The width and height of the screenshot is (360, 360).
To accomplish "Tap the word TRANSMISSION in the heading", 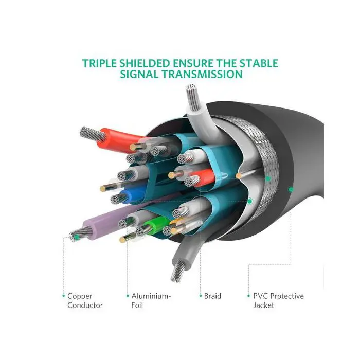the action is pos(202,74).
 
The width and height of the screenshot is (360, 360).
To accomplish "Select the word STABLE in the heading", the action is pos(259,63).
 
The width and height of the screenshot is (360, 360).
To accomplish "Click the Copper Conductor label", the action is pos(85,300).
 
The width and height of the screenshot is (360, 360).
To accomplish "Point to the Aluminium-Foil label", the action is pos(151,300).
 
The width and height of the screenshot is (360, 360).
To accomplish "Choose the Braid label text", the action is pos(212,296).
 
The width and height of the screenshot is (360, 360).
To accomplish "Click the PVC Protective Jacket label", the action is pos(279,300).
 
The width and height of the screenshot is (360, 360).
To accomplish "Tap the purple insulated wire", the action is pos(108,223).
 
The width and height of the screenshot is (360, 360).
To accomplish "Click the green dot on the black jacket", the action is pos(291,189).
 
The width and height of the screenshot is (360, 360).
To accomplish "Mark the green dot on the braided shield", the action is pos(268,178).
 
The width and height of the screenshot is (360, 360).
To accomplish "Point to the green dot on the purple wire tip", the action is pos(77,237).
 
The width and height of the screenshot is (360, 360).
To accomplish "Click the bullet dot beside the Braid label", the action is pos(201,296).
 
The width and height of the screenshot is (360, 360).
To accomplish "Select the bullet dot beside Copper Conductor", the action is pos(64,296).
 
